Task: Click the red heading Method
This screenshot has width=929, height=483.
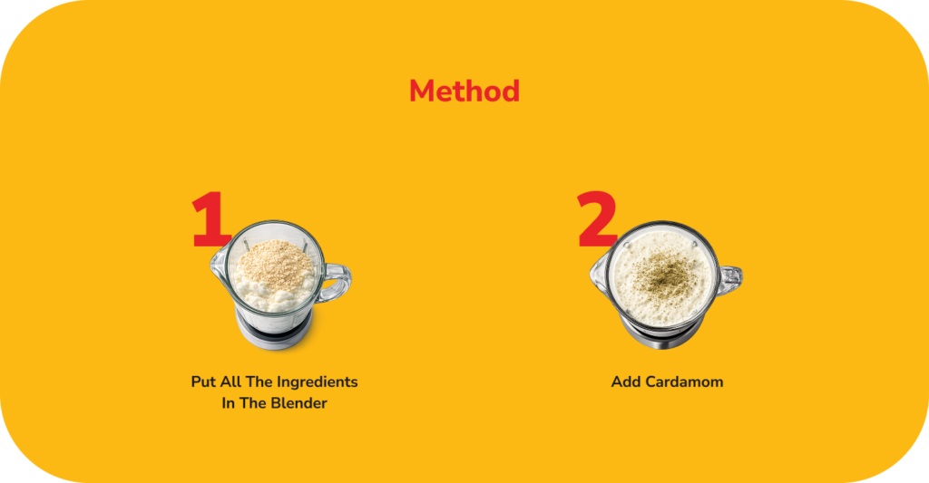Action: point(464,92)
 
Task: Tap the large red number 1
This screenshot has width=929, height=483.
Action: point(210,219)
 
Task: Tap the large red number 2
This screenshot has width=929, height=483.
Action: point(597,219)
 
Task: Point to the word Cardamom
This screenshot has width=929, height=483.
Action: point(684,382)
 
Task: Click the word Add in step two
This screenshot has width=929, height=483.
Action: point(626,382)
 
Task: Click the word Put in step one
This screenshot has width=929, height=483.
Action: point(204,382)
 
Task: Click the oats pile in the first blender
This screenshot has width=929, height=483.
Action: point(276,259)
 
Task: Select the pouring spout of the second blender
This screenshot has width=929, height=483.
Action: point(598,275)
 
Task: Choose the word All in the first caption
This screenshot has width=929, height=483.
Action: point(230,382)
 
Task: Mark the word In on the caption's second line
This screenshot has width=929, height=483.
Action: point(228,403)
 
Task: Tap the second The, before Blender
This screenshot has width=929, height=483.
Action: point(253,403)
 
